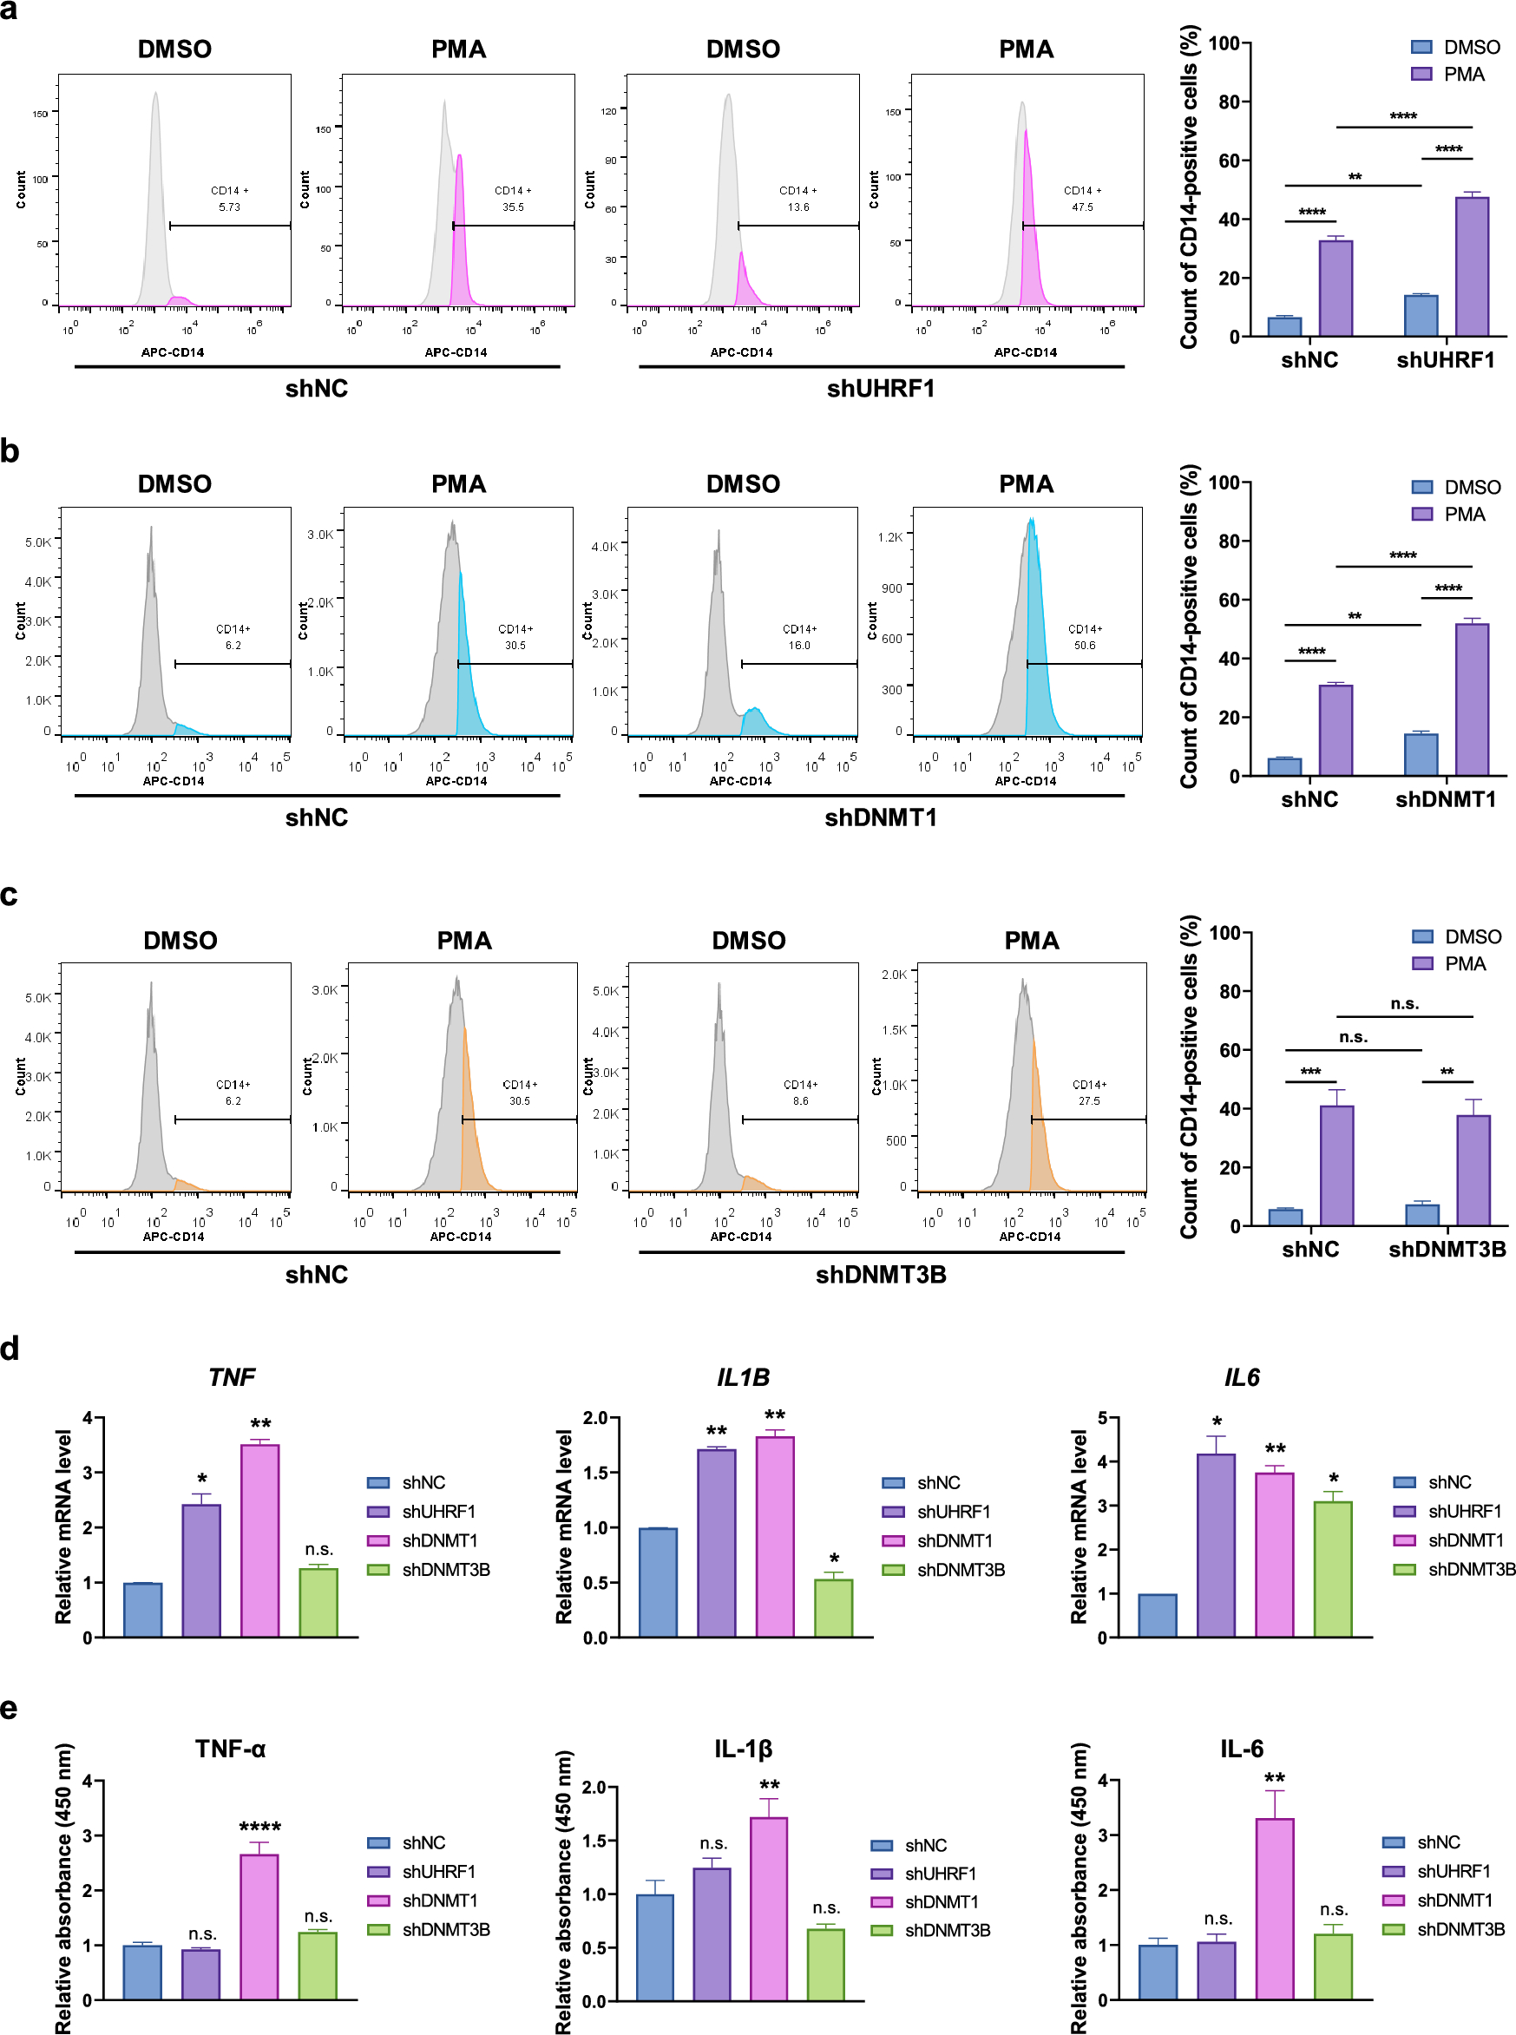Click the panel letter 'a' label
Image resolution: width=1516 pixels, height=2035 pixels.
pos(10,11)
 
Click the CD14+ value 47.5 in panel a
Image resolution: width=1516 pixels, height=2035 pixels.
pos(1082,207)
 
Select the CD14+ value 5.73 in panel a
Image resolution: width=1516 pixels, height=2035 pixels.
pos(229,207)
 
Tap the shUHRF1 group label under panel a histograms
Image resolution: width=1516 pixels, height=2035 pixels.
pos(880,389)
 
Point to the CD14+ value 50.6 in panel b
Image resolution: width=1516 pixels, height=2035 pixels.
pos(1084,645)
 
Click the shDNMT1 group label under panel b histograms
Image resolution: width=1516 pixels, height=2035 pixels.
pos(880,817)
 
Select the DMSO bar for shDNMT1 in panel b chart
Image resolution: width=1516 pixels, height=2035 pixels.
pos(1420,754)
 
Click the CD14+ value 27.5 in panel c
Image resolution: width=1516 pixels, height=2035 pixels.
pos(1088,1100)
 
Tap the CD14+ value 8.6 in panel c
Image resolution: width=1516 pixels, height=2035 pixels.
pos(800,1100)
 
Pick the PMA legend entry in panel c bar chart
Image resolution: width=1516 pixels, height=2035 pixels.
pos(1455,963)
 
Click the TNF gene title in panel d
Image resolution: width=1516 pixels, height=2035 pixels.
pos(231,1377)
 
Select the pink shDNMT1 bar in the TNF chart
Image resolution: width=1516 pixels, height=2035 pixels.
pos(259,1540)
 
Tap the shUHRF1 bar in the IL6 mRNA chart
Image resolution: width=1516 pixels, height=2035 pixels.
pos(1215,1545)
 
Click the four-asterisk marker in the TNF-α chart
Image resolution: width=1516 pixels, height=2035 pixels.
pos(259,1827)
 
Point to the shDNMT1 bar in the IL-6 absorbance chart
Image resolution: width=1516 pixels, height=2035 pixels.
pos(1274,1908)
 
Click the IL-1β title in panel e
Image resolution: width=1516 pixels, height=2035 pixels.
pos(743,1749)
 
